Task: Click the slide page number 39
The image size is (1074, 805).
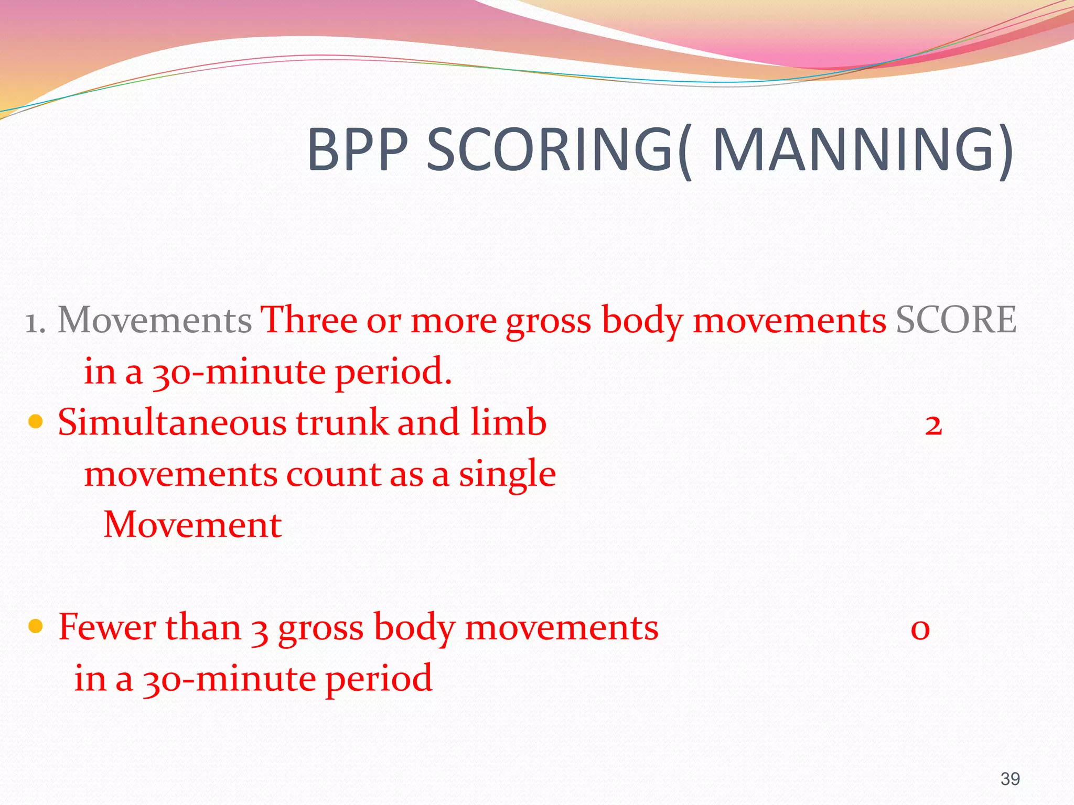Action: tap(1010, 779)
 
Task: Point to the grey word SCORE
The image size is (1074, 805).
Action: tap(955, 320)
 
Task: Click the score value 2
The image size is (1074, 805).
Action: tap(933, 425)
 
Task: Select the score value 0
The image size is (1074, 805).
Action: tap(920, 629)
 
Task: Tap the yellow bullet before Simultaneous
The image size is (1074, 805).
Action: tap(35, 421)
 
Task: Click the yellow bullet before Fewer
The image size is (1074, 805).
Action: tap(35, 626)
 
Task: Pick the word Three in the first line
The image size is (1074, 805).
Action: tap(309, 320)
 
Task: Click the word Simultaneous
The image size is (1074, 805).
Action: tap(172, 422)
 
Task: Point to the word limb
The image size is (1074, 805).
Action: tap(508, 422)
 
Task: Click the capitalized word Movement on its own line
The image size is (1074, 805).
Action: tap(192, 525)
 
